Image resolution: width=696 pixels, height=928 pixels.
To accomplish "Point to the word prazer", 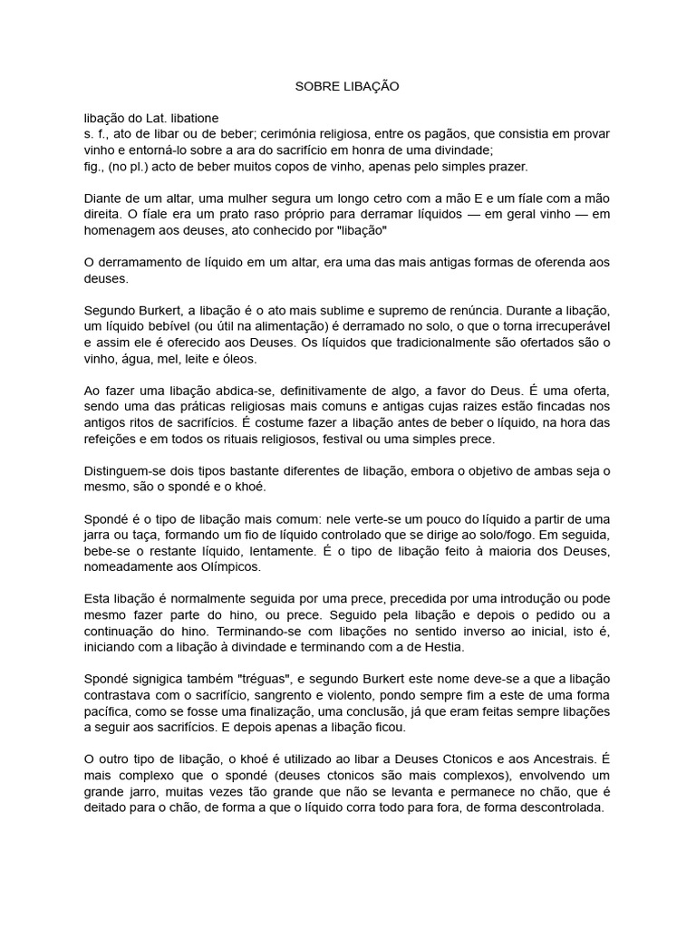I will point(502,167).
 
